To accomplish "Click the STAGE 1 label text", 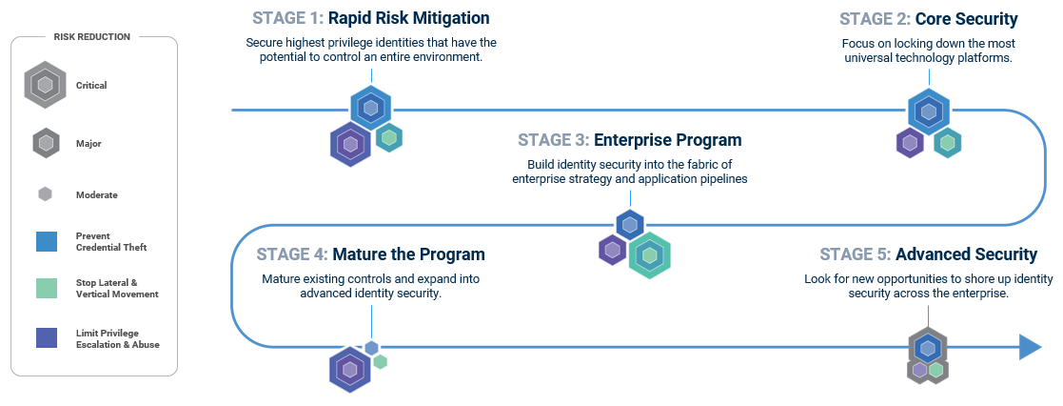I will click(x=287, y=18).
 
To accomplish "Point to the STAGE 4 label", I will click(x=291, y=254).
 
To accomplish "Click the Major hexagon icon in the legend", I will click(x=46, y=143).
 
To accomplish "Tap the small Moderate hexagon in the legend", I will click(x=45, y=194).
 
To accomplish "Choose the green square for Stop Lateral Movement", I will click(x=45, y=288).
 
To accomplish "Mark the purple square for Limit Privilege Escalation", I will click(x=45, y=338).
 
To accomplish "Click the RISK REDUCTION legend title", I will click(x=93, y=37).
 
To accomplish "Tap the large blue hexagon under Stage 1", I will click(x=370, y=108).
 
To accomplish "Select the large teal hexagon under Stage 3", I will click(x=650, y=254).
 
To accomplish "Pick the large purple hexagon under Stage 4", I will click(x=350, y=369).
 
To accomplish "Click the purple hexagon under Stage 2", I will click(x=910, y=143).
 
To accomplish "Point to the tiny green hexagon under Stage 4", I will click(x=381, y=362).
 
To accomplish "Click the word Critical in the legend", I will click(x=91, y=86).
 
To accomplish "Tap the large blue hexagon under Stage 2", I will click(x=928, y=111).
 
